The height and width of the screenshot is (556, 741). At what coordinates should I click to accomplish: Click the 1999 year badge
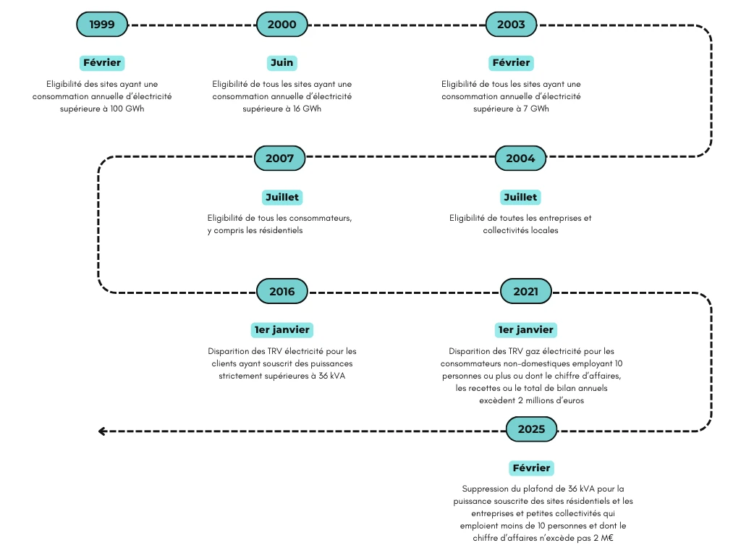[x=101, y=24]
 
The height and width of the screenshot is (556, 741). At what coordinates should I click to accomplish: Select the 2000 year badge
[x=281, y=24]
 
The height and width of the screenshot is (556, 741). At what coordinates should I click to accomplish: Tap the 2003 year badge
[x=511, y=24]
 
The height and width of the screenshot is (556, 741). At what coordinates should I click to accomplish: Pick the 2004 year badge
[x=520, y=158]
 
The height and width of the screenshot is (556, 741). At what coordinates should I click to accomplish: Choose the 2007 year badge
[x=279, y=158]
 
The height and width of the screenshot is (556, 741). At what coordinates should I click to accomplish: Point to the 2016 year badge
[x=281, y=292]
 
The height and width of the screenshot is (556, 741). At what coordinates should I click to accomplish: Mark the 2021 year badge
[x=525, y=292]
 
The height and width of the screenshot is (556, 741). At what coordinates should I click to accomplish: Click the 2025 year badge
[x=531, y=429]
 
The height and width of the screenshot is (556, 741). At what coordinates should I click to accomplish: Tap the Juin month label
[x=281, y=62]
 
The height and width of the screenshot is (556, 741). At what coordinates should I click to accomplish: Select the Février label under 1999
[x=101, y=62]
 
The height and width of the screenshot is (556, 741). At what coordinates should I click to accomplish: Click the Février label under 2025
[x=531, y=468]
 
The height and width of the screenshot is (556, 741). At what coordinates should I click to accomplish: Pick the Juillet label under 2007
[x=281, y=197]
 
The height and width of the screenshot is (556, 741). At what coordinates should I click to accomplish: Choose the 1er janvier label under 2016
[x=281, y=329]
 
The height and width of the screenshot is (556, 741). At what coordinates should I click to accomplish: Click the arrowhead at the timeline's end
[x=102, y=431]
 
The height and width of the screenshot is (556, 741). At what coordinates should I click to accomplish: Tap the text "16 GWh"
[x=307, y=109]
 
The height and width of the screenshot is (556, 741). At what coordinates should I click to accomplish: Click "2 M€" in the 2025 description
[x=604, y=538]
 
